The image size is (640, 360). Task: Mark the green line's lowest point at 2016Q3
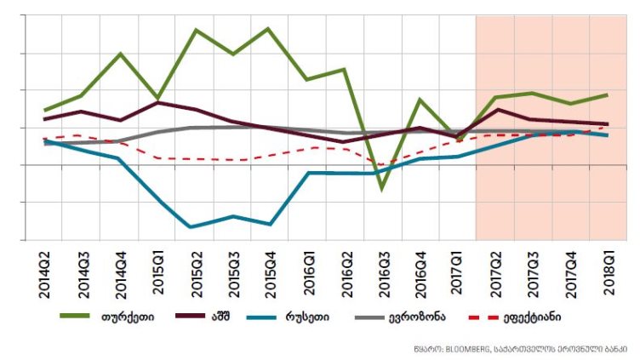[383, 188]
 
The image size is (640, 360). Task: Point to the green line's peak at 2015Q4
[270, 29]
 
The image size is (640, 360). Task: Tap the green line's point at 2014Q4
[120, 54]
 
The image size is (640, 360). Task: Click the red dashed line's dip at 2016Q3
[383, 165]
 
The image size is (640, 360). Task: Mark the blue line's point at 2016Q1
[308, 173]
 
